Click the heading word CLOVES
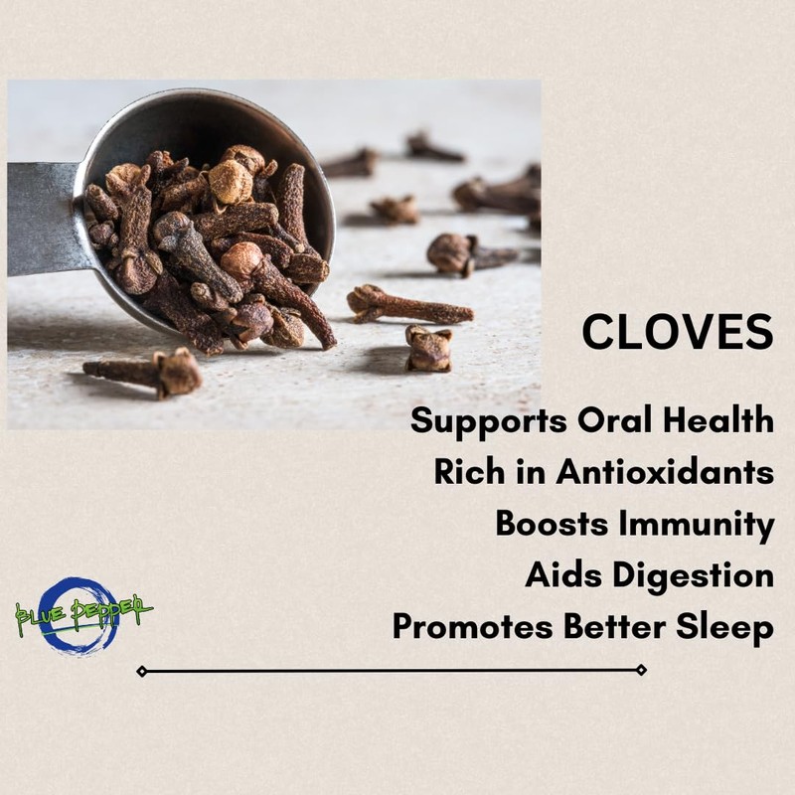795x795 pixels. [677, 332]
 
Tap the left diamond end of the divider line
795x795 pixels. [141, 671]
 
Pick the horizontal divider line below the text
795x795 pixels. [392, 671]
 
